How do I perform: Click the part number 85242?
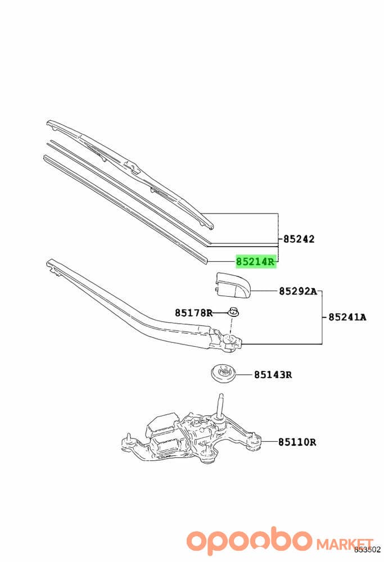tap(299, 239)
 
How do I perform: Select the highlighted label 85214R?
tap(256, 262)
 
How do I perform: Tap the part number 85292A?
tap(299, 291)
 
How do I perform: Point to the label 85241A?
tap(347, 317)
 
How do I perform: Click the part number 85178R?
tap(193, 313)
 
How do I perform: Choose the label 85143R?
tap(273, 375)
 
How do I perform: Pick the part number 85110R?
tap(297, 442)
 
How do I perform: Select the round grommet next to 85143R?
tap(223, 374)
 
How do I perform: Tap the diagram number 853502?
tap(368, 550)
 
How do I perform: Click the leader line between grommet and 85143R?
tap(244, 375)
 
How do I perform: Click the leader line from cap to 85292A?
tap(264, 291)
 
